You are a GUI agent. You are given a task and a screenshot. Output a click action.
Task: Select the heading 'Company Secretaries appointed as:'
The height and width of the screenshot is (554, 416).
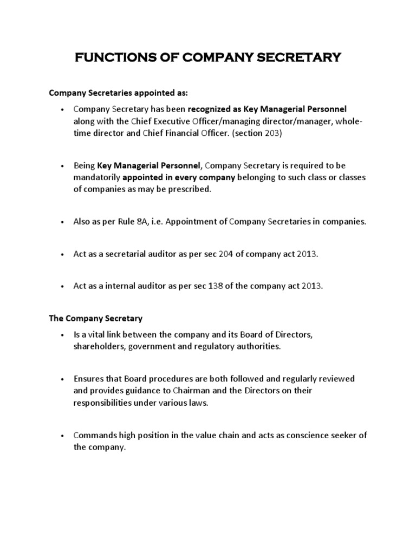[118, 93]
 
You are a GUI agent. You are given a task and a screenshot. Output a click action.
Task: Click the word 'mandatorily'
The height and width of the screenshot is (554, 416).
[97, 177]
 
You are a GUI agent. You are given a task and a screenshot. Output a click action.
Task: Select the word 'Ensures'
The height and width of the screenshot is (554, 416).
[88, 379]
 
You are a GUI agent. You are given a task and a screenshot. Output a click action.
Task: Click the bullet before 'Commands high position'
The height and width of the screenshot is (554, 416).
[63, 436]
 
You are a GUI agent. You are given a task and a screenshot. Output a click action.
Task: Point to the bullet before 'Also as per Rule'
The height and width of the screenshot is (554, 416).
[63, 222]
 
